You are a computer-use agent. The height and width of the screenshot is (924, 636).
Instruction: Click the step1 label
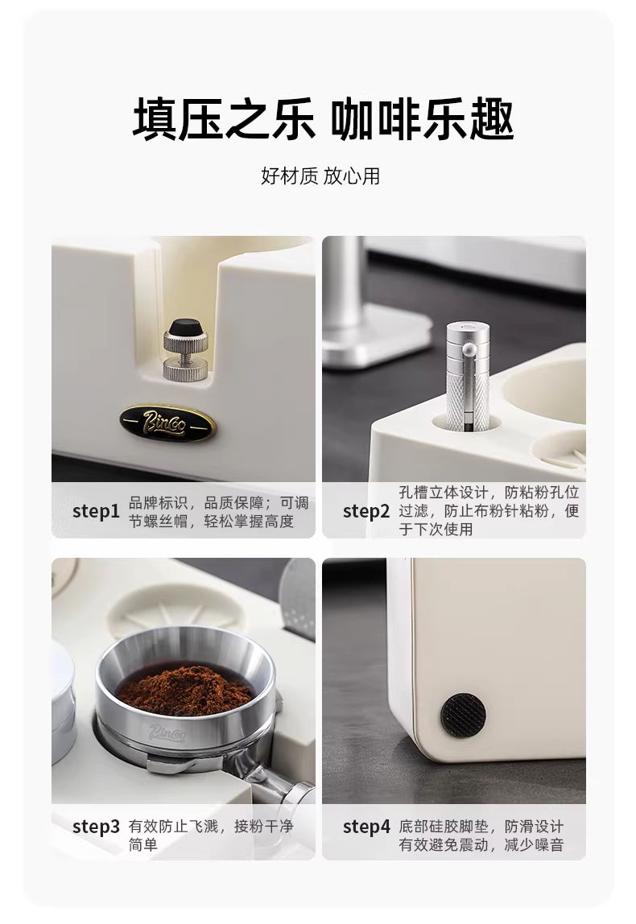click(x=96, y=511)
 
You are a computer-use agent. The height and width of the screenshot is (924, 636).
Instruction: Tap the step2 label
click(x=366, y=511)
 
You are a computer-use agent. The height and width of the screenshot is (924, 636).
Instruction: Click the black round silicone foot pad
click(x=463, y=715)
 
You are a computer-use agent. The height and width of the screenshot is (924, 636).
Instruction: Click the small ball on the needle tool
click(x=469, y=350)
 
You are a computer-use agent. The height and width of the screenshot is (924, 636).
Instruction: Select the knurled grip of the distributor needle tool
click(x=468, y=399)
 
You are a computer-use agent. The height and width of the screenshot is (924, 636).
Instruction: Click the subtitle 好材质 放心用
click(x=320, y=175)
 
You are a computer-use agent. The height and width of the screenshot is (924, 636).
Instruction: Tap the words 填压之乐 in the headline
click(x=223, y=120)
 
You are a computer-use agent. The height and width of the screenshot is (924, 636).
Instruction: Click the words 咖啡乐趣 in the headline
click(x=421, y=120)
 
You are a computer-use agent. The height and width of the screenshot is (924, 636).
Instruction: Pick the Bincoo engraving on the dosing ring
click(x=168, y=732)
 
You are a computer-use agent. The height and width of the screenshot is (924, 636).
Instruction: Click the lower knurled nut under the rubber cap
click(x=185, y=369)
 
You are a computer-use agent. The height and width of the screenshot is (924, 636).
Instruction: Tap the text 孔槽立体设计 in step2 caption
click(x=444, y=492)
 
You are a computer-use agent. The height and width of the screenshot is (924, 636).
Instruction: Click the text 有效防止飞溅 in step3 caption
click(x=173, y=826)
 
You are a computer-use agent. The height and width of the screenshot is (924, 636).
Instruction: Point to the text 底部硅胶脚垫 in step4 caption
click(x=444, y=826)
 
